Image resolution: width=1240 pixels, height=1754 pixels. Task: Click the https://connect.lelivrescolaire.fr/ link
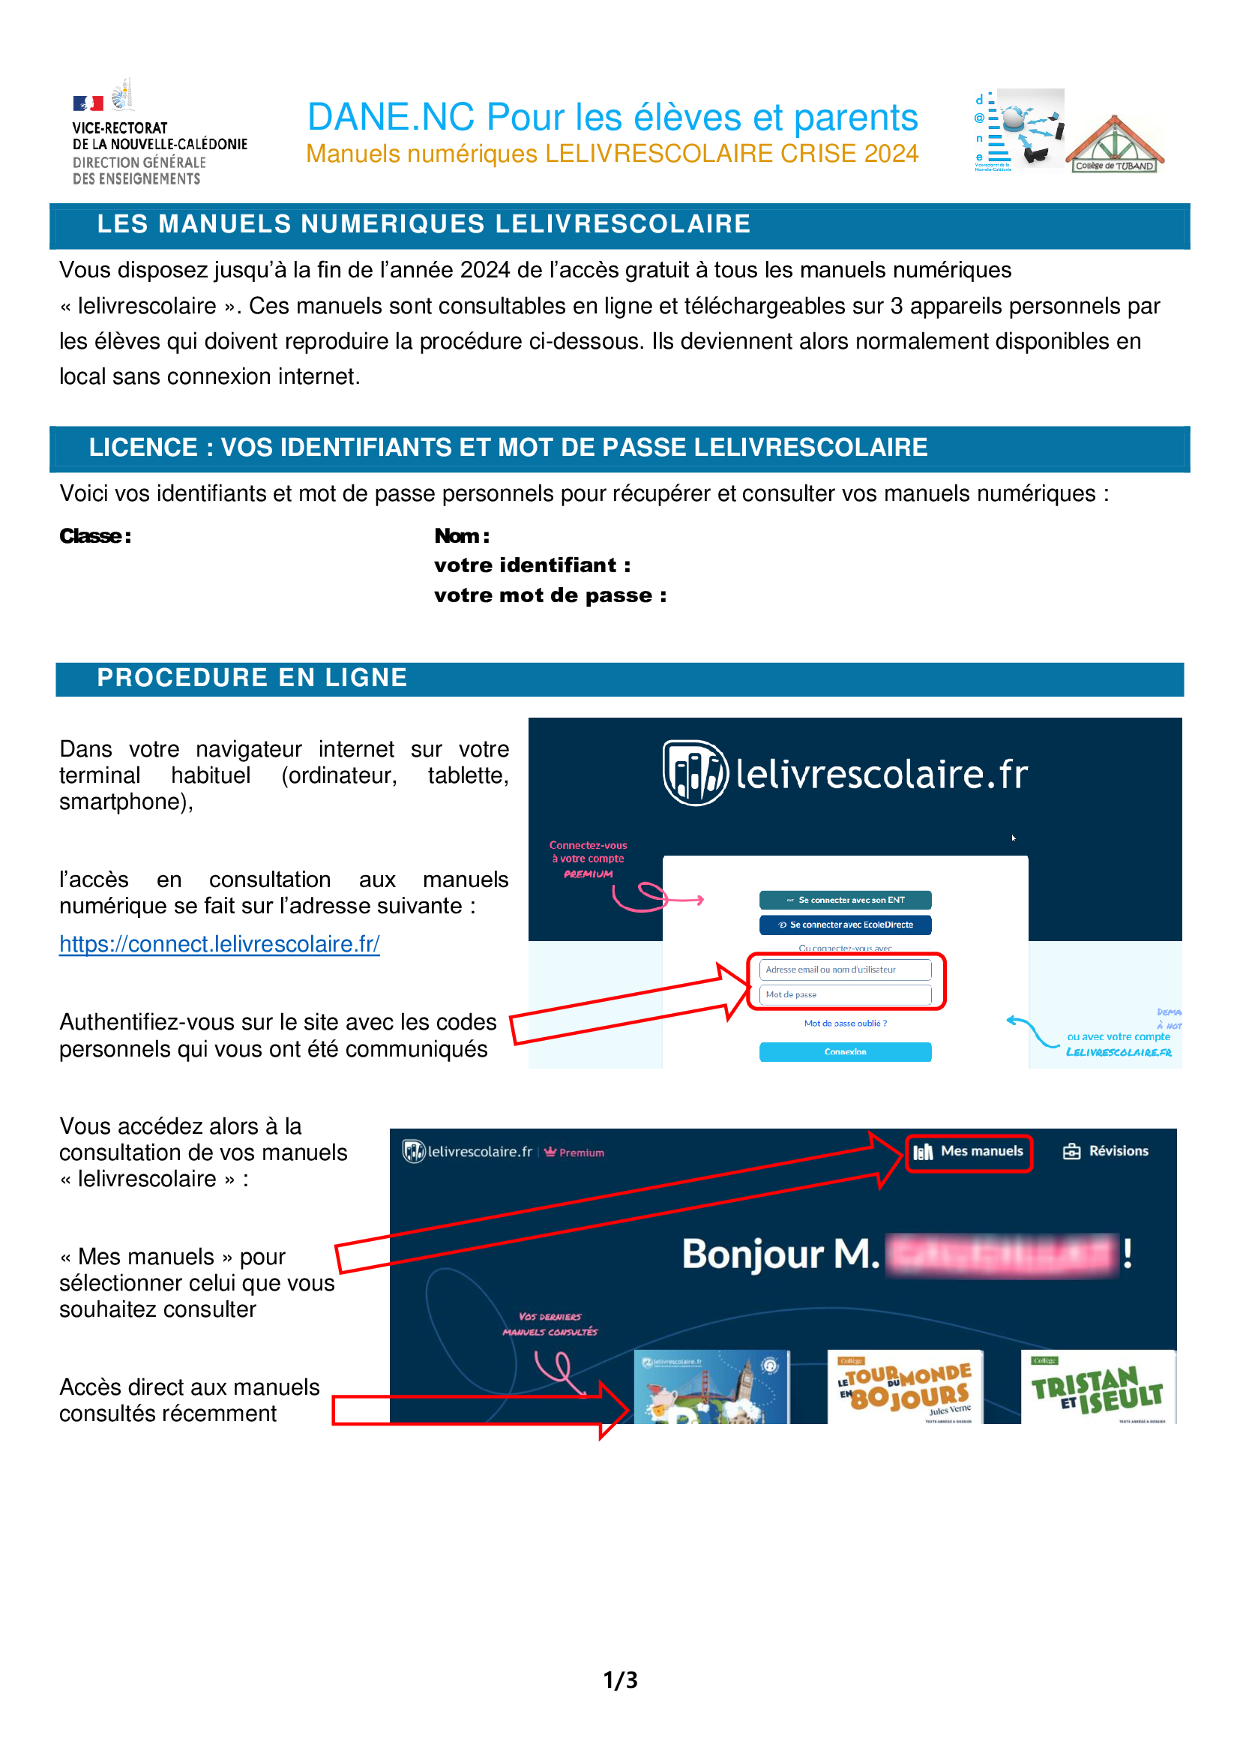(x=219, y=944)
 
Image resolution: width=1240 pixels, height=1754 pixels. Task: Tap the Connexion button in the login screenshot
(x=844, y=1052)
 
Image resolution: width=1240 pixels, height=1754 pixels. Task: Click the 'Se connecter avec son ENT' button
(x=844, y=900)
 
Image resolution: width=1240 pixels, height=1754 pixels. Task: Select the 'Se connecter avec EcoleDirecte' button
(x=844, y=925)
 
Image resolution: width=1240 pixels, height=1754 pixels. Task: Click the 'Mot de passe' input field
(x=844, y=994)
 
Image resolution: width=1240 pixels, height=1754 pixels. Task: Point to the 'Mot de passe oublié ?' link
(x=844, y=1024)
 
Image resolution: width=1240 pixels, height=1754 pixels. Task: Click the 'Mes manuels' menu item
(x=969, y=1151)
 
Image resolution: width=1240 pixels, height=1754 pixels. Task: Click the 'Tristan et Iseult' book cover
(x=1098, y=1387)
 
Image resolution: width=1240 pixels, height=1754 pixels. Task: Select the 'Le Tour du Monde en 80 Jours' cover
(x=905, y=1387)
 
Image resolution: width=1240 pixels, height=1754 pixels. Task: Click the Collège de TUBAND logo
(x=1114, y=145)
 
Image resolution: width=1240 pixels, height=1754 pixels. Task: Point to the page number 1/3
(x=620, y=1680)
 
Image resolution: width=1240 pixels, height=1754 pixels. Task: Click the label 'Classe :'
(x=95, y=536)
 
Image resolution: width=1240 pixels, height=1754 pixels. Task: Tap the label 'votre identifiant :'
(x=532, y=565)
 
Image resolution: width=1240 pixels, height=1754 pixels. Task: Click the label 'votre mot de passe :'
(x=550, y=595)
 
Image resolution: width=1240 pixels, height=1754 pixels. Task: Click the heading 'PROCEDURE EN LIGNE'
(x=252, y=678)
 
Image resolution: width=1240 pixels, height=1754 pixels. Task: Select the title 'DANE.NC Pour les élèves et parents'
(x=613, y=117)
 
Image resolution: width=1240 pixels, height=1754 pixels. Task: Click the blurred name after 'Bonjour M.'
(x=1001, y=1255)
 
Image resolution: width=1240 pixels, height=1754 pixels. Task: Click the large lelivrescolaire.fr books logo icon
(x=694, y=773)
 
